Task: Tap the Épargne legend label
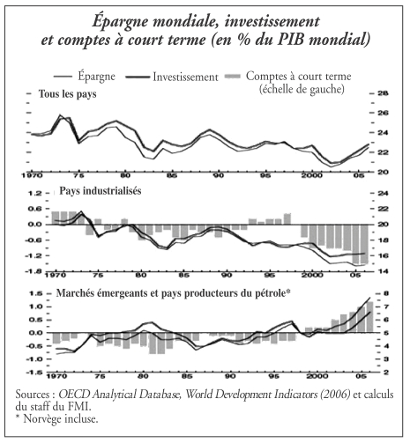[x=96, y=77]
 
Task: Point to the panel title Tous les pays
[x=68, y=94]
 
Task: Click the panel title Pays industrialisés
[x=101, y=191]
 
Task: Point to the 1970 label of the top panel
[x=33, y=175]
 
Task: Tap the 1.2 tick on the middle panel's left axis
[x=34, y=193]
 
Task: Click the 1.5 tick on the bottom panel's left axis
[x=35, y=293]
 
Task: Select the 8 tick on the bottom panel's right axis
[x=384, y=293]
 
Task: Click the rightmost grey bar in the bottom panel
[x=369, y=317]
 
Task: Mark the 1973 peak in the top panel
[x=61, y=115]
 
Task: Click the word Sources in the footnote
[x=33, y=394]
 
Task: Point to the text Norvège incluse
[x=61, y=418]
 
